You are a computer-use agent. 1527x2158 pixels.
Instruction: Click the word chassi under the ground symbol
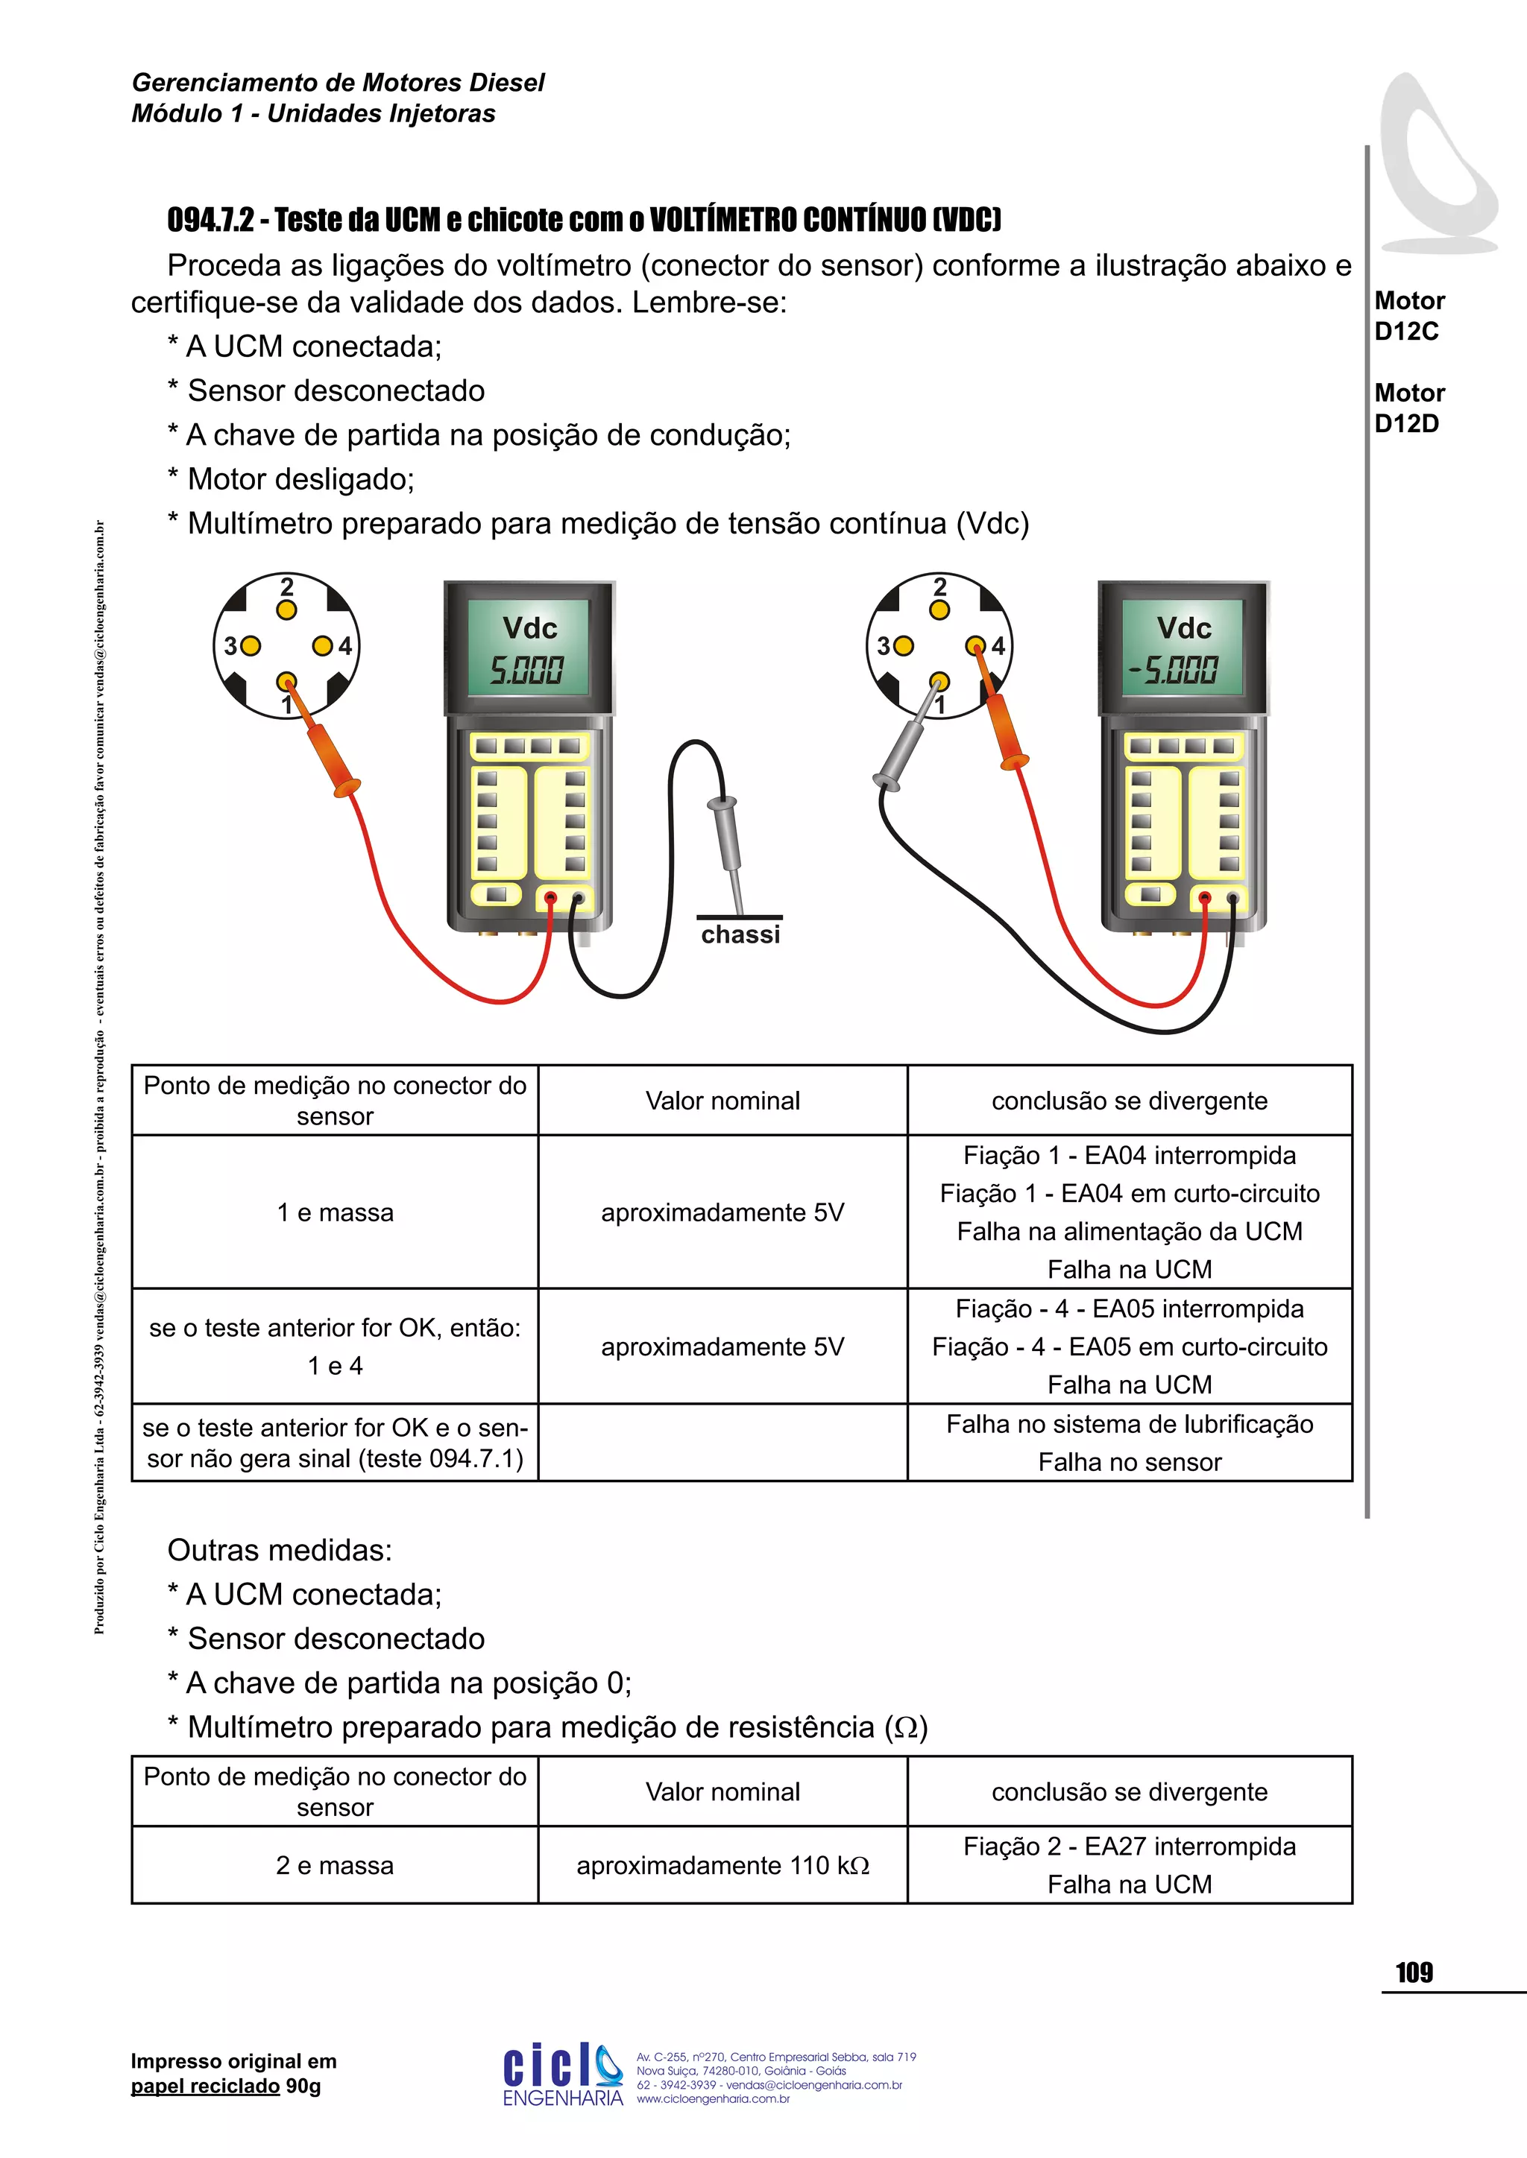740,934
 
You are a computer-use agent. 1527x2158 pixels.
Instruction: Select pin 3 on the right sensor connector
903,646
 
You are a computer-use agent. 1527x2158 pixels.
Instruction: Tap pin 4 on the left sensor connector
323,646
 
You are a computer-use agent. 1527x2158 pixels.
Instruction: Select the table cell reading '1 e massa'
335,1212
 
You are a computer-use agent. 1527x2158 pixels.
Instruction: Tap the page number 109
1414,1973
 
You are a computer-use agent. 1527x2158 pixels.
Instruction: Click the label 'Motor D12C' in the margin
1408,316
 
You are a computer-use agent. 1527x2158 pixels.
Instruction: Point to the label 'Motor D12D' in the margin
1408,408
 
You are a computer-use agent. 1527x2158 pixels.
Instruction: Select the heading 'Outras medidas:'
280,1550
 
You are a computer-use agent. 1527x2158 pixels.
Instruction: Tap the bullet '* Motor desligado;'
292,479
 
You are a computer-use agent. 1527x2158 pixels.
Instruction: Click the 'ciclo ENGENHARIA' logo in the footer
562,2072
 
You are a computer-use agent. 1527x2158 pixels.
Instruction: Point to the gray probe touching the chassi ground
728,837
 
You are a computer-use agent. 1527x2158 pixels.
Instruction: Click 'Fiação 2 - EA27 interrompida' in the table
1130,1846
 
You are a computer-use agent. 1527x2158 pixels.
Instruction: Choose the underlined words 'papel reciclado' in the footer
205,2086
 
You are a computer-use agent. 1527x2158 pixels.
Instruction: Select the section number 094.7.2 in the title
210,220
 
